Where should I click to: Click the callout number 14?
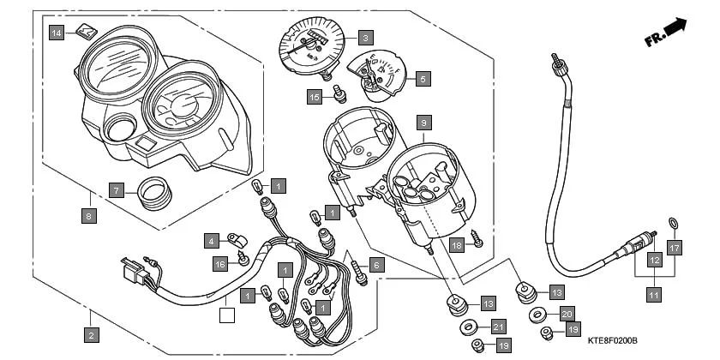pyautogui.click(x=57, y=33)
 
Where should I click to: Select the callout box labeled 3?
pyautogui.click(x=365, y=38)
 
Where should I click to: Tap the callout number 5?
pyautogui.click(x=422, y=78)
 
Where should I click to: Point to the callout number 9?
pyautogui.click(x=422, y=123)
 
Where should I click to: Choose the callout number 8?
pyautogui.click(x=89, y=217)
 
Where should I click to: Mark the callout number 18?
pyautogui.click(x=456, y=244)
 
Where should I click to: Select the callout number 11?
pyautogui.click(x=654, y=294)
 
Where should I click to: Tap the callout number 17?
pyautogui.click(x=675, y=249)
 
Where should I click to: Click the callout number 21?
pyautogui.click(x=497, y=327)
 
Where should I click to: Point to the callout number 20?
pyautogui.click(x=567, y=314)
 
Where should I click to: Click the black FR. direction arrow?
pyautogui.click(x=675, y=28)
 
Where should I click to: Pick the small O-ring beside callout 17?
pyautogui.click(x=675, y=225)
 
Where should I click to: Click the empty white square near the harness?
pyautogui.click(x=227, y=315)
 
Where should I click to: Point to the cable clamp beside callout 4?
pyautogui.click(x=236, y=237)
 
